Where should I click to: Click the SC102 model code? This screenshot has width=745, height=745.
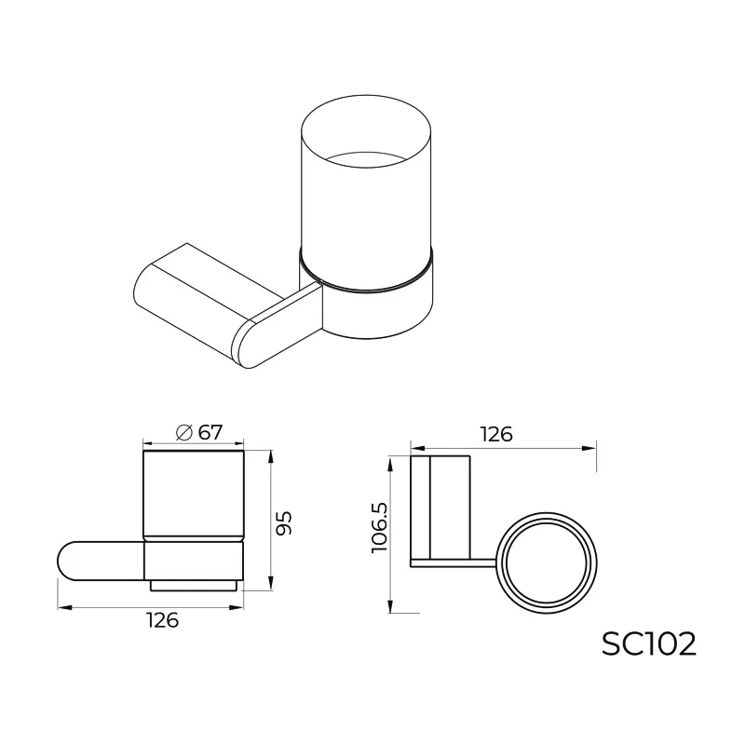pyautogui.click(x=648, y=643)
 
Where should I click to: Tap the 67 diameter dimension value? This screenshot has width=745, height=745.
pyautogui.click(x=210, y=432)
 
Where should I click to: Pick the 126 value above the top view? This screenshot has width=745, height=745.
pyautogui.click(x=495, y=434)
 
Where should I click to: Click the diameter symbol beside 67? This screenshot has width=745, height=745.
pyautogui.click(x=183, y=433)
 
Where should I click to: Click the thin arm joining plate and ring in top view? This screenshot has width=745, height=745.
pyautogui.click(x=456, y=562)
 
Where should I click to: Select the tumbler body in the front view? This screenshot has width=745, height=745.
pyautogui.click(x=193, y=494)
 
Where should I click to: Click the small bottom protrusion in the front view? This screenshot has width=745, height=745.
pyautogui.click(x=193, y=586)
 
